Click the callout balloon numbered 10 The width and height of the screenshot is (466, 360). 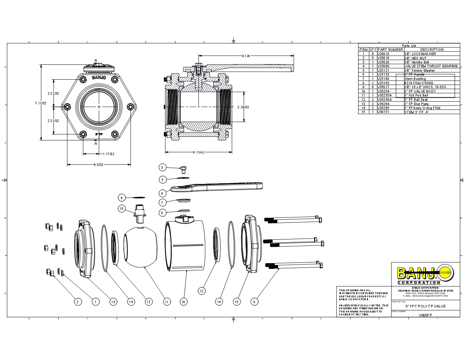tap(184, 302)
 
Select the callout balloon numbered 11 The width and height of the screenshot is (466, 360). tap(166, 302)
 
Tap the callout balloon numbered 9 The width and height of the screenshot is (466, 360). tap(254, 302)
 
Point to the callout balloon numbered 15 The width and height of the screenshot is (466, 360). tap(122, 208)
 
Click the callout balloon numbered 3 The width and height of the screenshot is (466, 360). tap(162, 167)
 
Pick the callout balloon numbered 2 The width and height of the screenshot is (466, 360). tap(77, 302)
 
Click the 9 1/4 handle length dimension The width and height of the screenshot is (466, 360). tap(246, 56)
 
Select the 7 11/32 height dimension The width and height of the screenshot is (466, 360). tap(40, 103)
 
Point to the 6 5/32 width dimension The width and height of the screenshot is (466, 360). tap(98, 165)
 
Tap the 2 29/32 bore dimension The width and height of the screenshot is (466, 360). tap(243, 107)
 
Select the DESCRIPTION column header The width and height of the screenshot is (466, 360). tap(432, 49)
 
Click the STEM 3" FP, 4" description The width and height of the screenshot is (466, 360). tap(416, 112)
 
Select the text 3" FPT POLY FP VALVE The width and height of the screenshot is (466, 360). tap(425, 306)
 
